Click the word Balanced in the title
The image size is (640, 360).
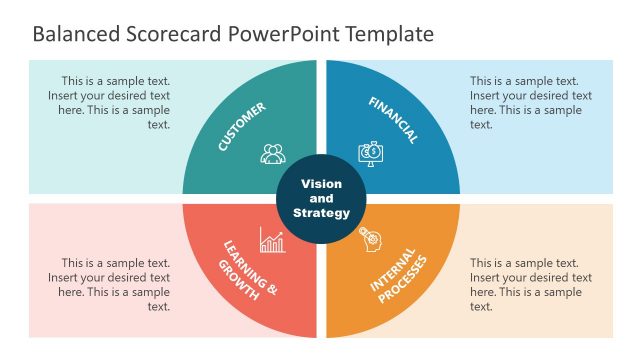74,34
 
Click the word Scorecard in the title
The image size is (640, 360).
170,34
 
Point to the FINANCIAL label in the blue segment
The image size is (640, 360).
393,120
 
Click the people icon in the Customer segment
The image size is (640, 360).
273,154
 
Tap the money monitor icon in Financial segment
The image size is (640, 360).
369,153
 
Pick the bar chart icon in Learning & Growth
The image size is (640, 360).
272,240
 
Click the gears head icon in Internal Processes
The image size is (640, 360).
369,238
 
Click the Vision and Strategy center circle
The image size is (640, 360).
321,197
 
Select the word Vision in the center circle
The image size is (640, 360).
321,184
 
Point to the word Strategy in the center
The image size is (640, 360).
321,212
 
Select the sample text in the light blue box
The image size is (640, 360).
531,103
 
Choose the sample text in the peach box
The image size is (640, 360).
531,284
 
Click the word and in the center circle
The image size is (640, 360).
321,198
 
